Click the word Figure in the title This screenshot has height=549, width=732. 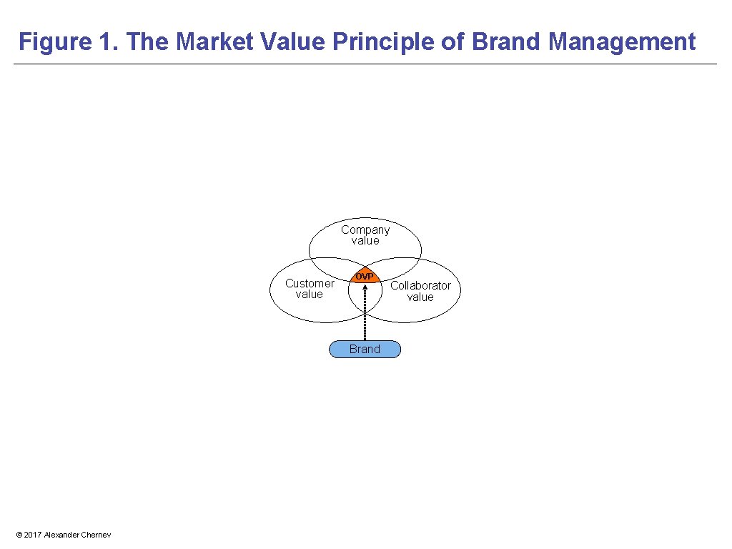coord(54,42)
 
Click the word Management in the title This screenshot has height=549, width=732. coord(622,42)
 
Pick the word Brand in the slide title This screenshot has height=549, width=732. coord(506,42)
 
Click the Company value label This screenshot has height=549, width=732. coord(365,235)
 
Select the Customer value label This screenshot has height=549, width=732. coord(309,289)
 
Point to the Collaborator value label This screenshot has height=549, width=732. coord(420,291)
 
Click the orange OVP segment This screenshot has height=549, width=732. coord(365,277)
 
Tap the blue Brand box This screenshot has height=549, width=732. coord(365,350)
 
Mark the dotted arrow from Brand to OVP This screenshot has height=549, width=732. coord(365,315)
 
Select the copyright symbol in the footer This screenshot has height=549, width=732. coord(19,535)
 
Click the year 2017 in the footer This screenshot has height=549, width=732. coord(33,535)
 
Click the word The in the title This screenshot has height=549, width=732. coord(148,42)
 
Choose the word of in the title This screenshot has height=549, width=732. coord(453,42)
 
